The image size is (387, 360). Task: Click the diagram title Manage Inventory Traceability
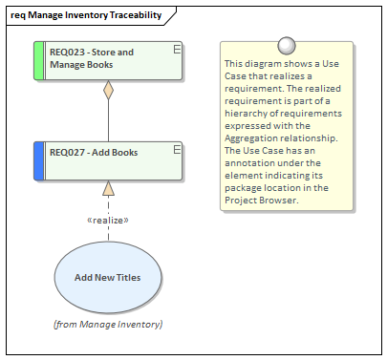click(95, 16)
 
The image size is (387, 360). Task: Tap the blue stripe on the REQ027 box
click(38, 159)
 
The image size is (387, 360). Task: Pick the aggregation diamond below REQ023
click(108, 91)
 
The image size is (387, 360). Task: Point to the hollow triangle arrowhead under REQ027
click(108, 188)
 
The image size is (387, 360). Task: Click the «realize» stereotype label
click(108, 220)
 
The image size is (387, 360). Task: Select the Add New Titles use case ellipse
click(107, 277)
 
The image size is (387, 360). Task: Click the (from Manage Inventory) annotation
click(107, 325)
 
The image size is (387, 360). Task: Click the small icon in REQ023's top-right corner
click(177, 48)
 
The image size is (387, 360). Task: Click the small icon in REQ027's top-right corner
click(177, 148)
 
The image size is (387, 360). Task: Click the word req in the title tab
click(18, 16)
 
